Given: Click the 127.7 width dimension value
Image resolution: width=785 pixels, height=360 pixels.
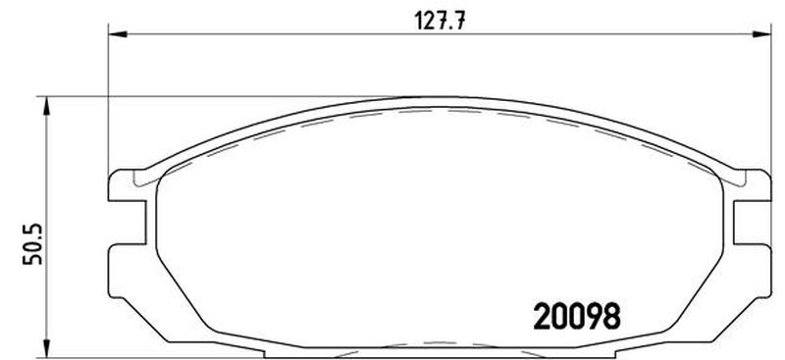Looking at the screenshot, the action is (x=440, y=21).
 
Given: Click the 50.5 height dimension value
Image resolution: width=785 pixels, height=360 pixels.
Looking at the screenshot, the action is (x=33, y=244).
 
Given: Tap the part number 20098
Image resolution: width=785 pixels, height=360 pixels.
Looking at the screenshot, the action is (x=577, y=317).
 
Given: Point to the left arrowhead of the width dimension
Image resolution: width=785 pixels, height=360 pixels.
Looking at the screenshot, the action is (x=118, y=34).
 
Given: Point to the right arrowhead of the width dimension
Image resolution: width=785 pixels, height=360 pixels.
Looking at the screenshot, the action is (x=761, y=34).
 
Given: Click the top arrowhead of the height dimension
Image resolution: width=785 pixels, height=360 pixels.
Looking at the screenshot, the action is (x=46, y=106).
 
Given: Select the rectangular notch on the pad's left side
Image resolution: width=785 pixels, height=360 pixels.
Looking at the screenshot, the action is (x=128, y=223).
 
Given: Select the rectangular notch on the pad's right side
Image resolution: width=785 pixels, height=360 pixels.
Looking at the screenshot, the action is (x=752, y=223).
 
